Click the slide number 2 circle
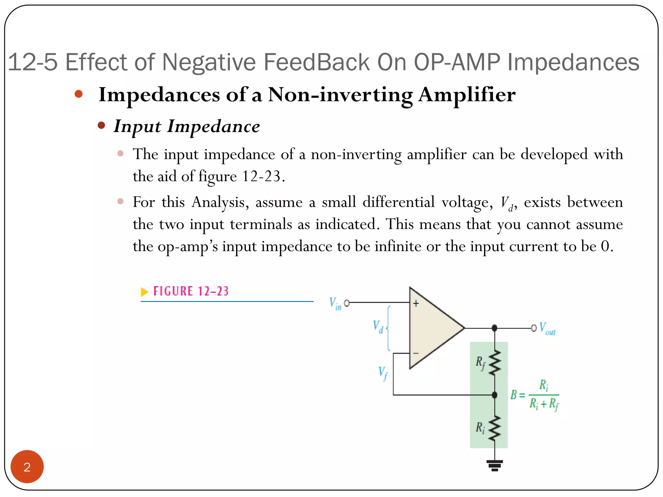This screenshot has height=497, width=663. click(x=27, y=466)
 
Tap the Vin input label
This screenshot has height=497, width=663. click(x=335, y=304)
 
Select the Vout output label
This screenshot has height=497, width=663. click(x=547, y=328)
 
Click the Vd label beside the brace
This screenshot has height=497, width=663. click(x=378, y=326)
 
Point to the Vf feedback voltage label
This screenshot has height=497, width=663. click(x=383, y=373)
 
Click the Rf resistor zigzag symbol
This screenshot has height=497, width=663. click(x=495, y=363)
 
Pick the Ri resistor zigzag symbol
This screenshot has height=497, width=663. click(x=495, y=428)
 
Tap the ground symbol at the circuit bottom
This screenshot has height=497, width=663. click(x=495, y=465)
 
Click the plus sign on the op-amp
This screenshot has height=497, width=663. click(x=416, y=304)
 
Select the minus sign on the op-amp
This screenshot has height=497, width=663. click(x=416, y=353)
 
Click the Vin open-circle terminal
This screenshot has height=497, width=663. click(x=347, y=303)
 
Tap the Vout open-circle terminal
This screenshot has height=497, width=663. click(x=534, y=328)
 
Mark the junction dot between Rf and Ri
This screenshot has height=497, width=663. click(x=495, y=395)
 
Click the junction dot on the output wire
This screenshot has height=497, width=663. click(x=494, y=328)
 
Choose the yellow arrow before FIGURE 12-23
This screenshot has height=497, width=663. click(x=144, y=292)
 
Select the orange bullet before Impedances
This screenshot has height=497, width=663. click(x=79, y=94)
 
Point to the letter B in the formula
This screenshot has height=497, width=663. click(x=513, y=395)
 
